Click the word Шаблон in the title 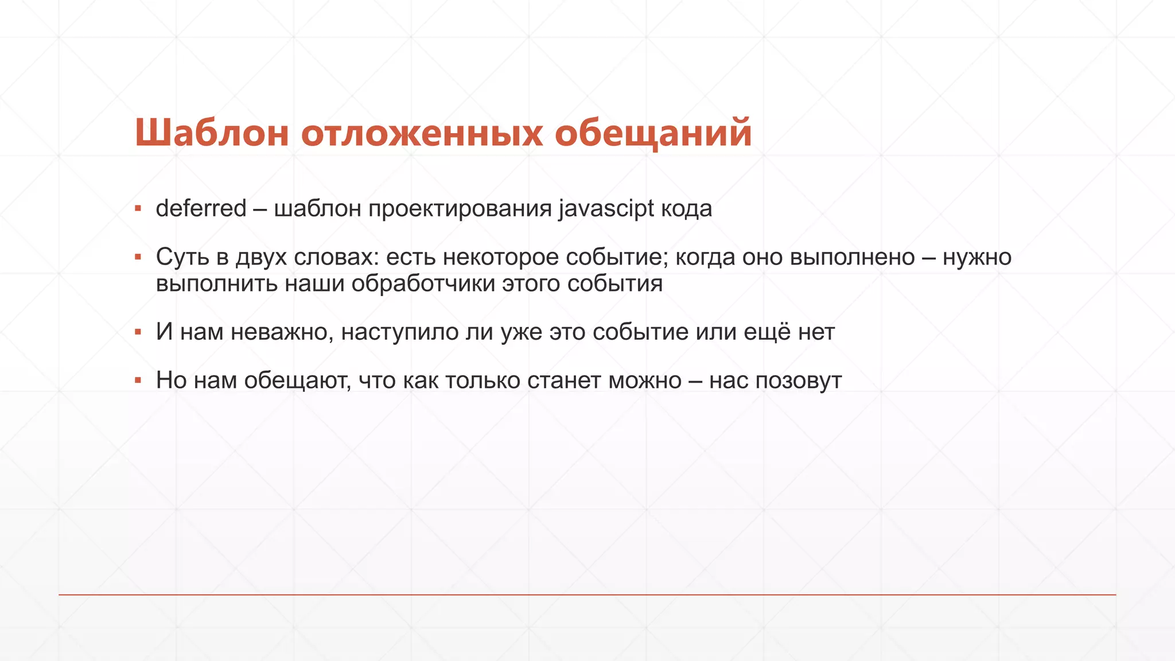211,133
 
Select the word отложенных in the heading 422,133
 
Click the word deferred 201,208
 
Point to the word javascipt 606,209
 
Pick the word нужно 977,257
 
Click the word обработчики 423,283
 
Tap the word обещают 297,381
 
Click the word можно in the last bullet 645,381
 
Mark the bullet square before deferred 138,208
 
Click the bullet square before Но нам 138,380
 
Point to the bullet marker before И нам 138,332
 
